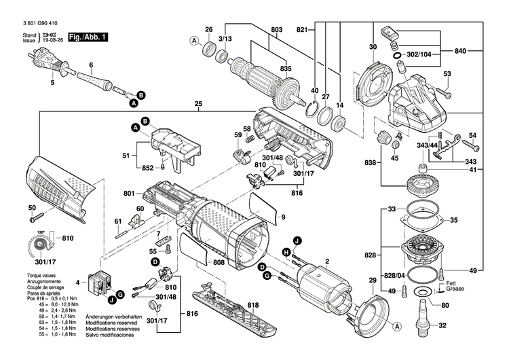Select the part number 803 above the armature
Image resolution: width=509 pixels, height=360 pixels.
click(277, 29)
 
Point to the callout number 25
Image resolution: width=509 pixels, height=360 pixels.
click(198, 104)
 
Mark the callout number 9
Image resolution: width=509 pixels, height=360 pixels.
click(284, 217)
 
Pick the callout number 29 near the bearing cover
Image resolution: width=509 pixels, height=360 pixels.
click(372, 281)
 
